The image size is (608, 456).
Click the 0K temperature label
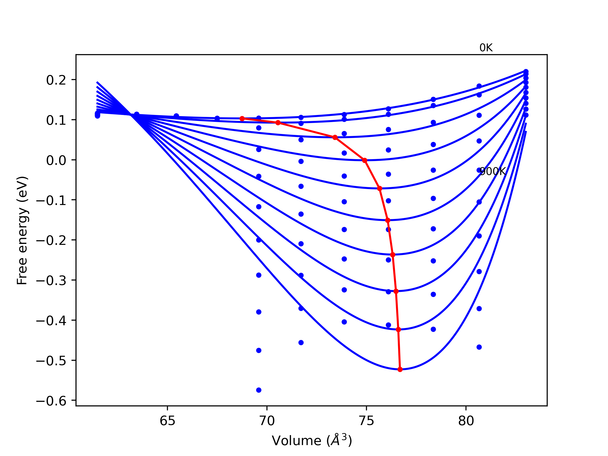[486, 48]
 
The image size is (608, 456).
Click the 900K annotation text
[493, 171]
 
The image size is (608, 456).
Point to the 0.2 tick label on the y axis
[56, 80]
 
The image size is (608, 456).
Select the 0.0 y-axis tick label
[56, 160]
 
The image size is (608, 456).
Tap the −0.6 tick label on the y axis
[51, 401]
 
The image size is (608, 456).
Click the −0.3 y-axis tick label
[51, 281]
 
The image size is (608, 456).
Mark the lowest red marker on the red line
[400, 369]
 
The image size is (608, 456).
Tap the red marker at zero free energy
[365, 161]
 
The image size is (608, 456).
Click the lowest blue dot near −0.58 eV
[259, 390]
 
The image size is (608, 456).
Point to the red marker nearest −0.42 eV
[398, 330]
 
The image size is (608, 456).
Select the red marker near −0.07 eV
[380, 189]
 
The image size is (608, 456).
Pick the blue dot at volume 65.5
[176, 116]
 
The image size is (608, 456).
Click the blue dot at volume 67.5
[217, 119]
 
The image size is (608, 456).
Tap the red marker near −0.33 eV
[396, 291]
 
